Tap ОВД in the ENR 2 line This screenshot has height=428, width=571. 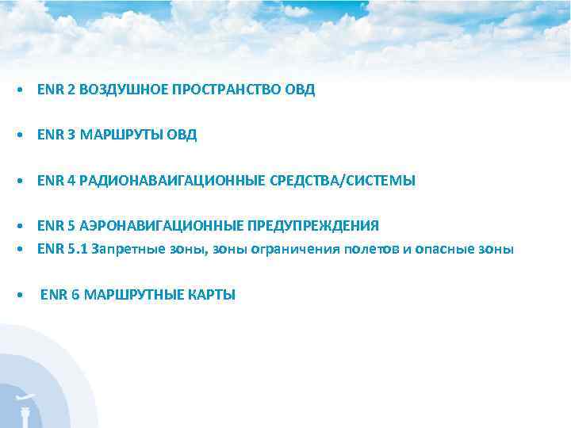[299, 90]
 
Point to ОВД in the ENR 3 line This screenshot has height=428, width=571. [181, 136]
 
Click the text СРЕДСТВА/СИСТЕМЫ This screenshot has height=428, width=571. [343, 182]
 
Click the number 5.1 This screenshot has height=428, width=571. [79, 250]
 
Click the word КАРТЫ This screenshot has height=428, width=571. [212, 296]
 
